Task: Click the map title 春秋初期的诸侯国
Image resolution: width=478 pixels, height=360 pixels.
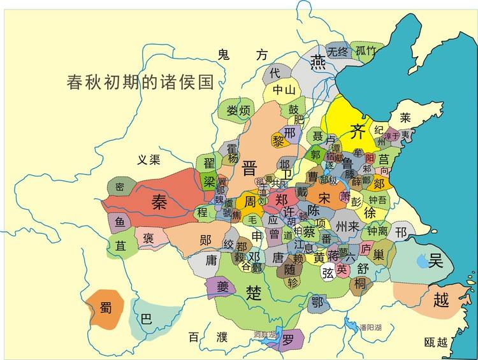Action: tap(140, 82)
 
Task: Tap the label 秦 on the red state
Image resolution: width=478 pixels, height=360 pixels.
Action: tap(159, 202)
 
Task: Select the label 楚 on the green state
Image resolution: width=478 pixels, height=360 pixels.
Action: tap(254, 292)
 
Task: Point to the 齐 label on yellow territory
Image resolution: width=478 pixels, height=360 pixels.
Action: tap(358, 131)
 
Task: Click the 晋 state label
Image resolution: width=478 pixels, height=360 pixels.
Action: tap(249, 168)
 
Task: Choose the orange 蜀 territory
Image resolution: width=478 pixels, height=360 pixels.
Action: tap(105, 308)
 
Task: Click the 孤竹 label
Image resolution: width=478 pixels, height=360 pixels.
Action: tap(366, 52)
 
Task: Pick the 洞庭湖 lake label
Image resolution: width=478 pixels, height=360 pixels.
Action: tap(264, 335)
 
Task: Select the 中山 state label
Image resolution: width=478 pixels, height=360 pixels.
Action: tap(284, 90)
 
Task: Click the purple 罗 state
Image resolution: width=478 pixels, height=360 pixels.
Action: tap(289, 339)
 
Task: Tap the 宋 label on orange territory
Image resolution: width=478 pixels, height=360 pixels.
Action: tap(324, 197)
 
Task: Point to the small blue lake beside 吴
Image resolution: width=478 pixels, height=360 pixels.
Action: tap(421, 261)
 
